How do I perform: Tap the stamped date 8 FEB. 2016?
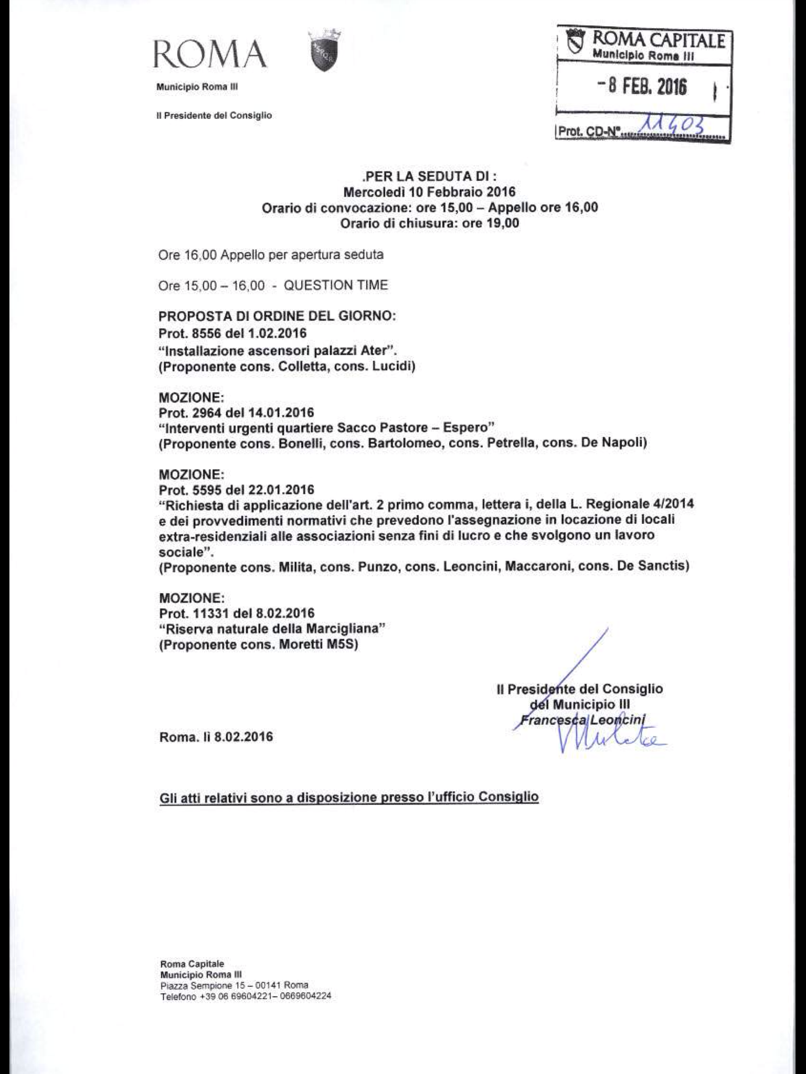(642, 87)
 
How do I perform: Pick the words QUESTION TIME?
(336, 285)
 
